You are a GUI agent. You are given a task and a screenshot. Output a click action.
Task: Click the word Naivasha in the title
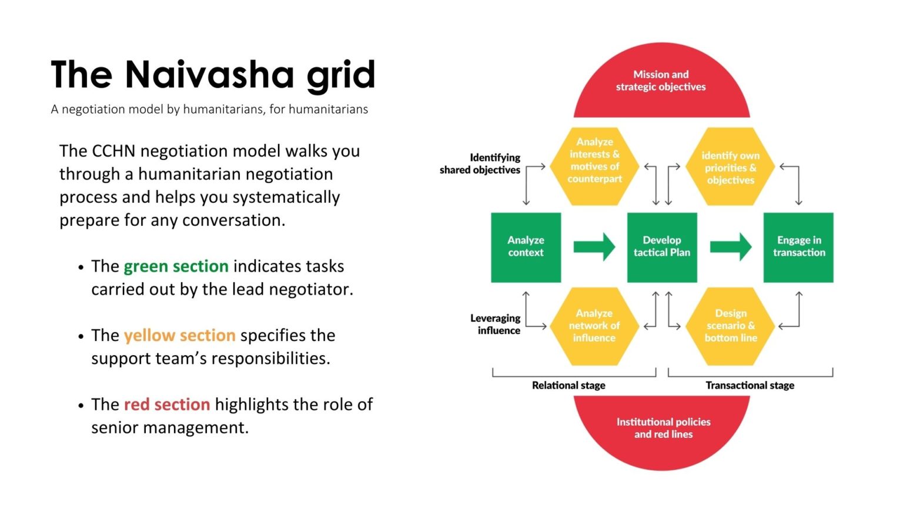pos(208,75)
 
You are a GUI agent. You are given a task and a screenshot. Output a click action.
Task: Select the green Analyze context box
pos(526,247)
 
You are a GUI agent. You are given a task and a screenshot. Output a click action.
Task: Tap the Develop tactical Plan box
pos(662,247)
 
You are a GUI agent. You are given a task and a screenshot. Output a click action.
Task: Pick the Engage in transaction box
pos(798,247)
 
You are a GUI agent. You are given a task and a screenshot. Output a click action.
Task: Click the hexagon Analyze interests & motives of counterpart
pos(594,166)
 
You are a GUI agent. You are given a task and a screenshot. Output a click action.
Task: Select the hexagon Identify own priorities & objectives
pos(730,167)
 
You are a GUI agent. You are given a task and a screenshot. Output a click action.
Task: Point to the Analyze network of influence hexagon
pos(594,326)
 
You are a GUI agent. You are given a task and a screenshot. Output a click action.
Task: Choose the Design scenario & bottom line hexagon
pos(731,326)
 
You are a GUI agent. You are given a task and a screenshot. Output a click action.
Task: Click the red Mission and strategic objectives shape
pos(661,82)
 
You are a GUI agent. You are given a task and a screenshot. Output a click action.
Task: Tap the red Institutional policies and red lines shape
pos(663,429)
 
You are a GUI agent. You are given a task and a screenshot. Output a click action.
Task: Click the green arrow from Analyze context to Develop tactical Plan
pos(594,247)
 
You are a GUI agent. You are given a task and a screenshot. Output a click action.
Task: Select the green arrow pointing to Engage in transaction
pos(730,247)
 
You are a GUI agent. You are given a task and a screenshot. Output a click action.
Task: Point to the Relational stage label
pos(568,386)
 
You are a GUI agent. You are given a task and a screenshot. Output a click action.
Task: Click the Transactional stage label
pos(750,386)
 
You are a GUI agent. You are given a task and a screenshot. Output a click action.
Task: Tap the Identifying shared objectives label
pos(480,164)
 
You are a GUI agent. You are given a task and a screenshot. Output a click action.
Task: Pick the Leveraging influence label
pos(495,324)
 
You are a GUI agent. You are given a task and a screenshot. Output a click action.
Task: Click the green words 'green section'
pos(176,266)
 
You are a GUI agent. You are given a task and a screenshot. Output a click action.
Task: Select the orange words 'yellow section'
pos(179,335)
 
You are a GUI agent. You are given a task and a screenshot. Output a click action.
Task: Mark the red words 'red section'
pos(166,405)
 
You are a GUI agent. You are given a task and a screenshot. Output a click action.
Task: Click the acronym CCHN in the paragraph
pos(113,151)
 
